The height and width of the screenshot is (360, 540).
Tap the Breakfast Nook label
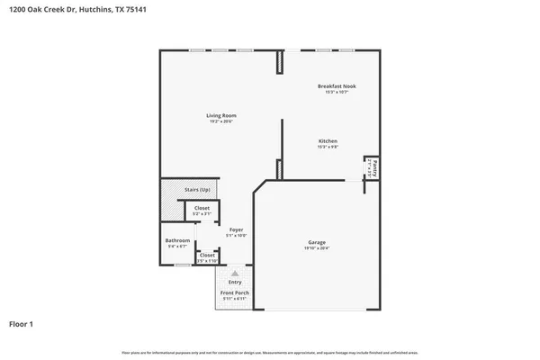(x=337, y=85)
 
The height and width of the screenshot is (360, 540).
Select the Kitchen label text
(x=328, y=141)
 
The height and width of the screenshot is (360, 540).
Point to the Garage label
(x=317, y=242)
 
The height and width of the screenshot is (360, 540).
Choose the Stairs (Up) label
(x=197, y=190)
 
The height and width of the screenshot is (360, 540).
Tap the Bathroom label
(x=177, y=240)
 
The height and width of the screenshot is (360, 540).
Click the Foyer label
(x=236, y=230)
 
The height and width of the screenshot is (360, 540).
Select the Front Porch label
(x=235, y=292)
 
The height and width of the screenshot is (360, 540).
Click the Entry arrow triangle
(x=235, y=273)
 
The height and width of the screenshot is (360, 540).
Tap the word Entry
(x=235, y=282)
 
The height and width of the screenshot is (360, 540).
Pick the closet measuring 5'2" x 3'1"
(x=202, y=211)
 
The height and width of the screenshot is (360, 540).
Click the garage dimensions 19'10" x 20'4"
(x=317, y=247)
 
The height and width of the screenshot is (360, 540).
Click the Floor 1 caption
(x=22, y=323)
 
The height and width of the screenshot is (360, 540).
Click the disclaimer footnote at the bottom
(x=270, y=352)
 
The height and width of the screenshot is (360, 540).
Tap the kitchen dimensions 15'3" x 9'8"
(x=328, y=148)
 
